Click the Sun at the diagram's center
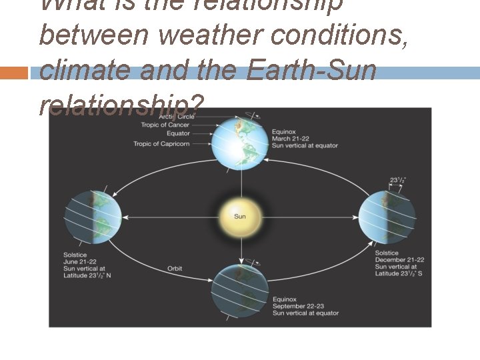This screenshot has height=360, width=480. [x=239, y=217]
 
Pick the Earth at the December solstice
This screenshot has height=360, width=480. [x=387, y=216]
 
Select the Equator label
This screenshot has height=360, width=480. [x=178, y=134]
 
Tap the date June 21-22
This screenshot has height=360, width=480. [x=81, y=261]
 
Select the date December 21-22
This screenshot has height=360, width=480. [x=399, y=260]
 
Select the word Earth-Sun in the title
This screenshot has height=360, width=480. [x=311, y=70]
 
